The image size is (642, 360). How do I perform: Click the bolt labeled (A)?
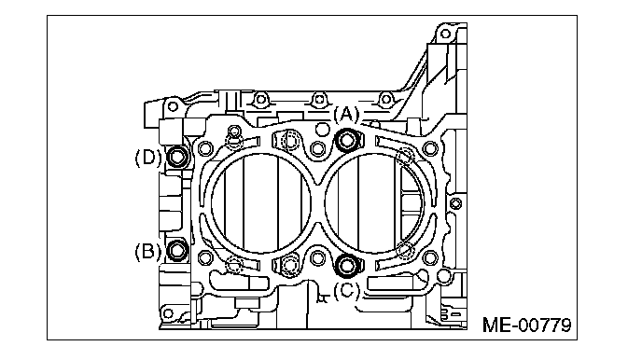tap(347, 141)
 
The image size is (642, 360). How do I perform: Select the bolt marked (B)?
tap(177, 250)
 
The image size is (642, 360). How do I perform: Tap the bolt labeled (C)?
tap(347, 265)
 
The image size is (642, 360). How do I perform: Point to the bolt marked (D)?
tap(177, 157)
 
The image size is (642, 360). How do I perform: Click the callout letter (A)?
tap(346, 114)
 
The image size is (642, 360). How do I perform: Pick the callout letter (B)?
tap(147, 251)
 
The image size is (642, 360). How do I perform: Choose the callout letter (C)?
tap(346, 291)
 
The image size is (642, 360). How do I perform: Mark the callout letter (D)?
tap(148, 158)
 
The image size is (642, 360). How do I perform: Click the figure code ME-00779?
tap(526, 325)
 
